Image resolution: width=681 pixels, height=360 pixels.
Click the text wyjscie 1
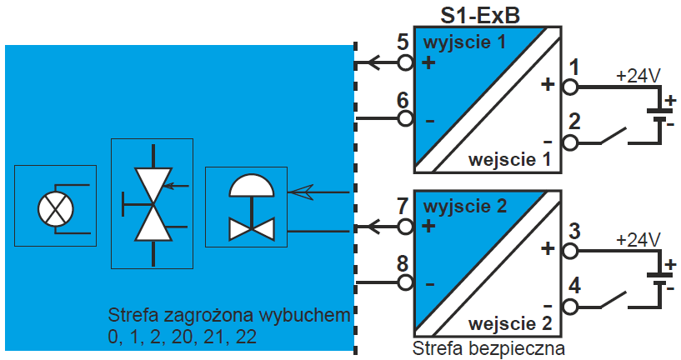[x=464, y=43]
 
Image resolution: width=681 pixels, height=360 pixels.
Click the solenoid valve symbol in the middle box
[x=152, y=204]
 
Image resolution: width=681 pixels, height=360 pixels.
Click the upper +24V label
[x=638, y=75]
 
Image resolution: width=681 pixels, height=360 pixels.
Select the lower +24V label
[x=638, y=239]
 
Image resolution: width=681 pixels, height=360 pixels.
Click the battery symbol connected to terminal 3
[x=663, y=276]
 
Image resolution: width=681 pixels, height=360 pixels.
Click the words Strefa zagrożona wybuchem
[x=227, y=317]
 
